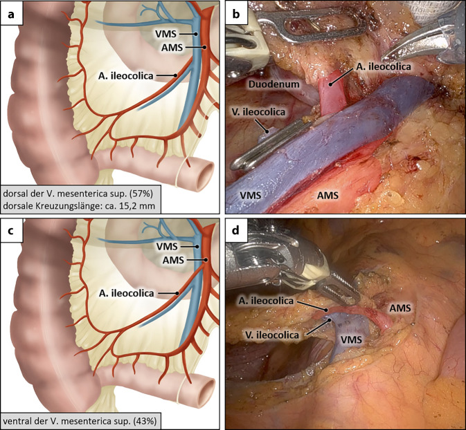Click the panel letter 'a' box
12,12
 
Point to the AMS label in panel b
329,196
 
